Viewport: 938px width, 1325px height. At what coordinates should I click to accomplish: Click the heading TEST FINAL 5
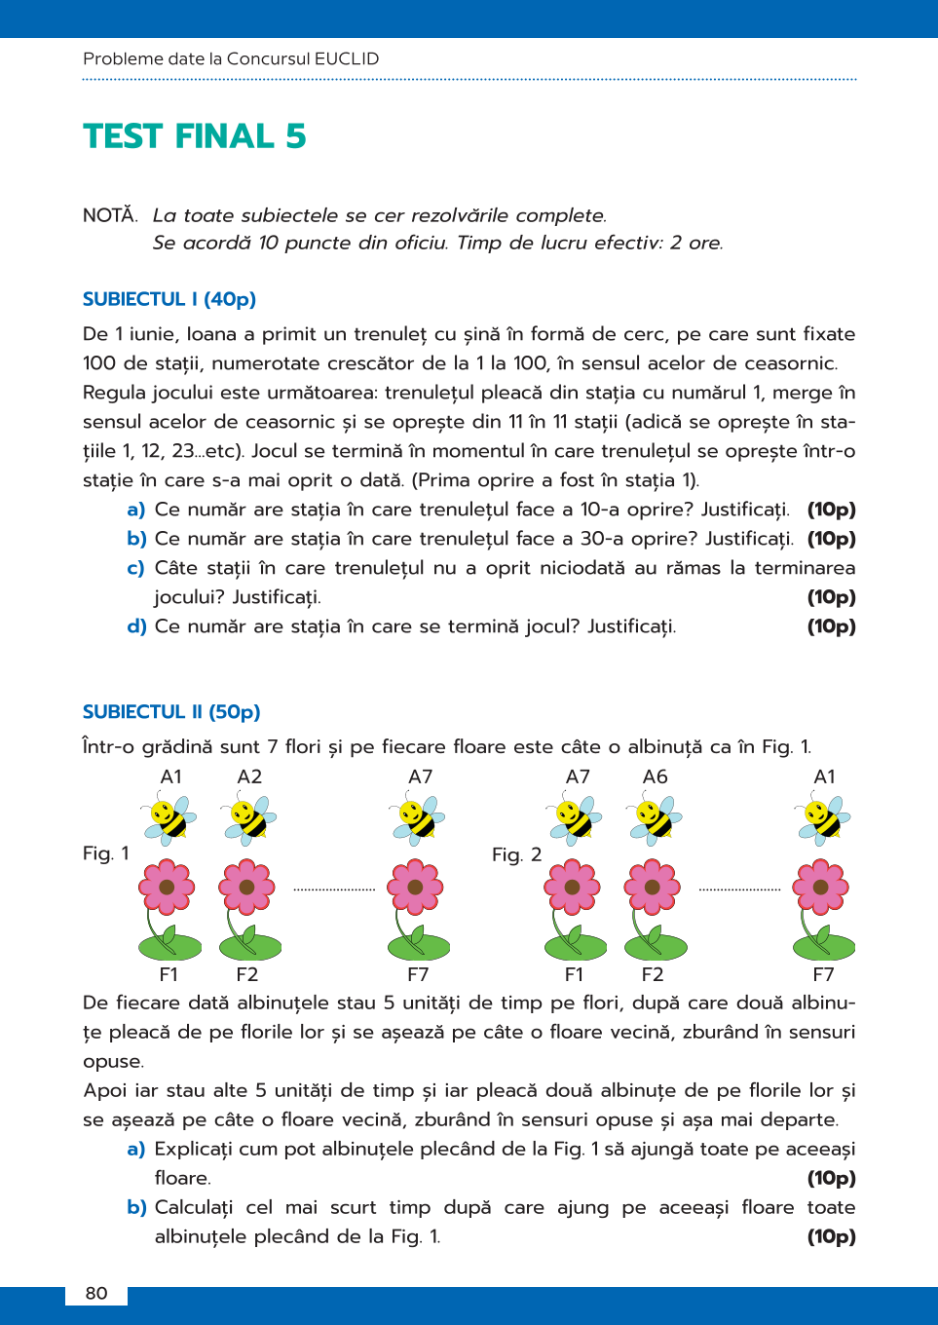194,136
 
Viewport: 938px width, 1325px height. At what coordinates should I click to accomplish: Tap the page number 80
96,1293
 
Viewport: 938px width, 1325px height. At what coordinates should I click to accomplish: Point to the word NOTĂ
109,215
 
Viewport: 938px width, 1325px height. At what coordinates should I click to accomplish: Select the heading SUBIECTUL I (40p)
169,299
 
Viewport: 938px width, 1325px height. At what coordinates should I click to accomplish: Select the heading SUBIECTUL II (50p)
171,712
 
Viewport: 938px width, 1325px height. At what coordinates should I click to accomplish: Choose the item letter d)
136,626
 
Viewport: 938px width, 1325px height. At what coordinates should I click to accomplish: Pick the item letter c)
135,568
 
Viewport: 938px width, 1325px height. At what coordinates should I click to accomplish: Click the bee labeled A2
249,818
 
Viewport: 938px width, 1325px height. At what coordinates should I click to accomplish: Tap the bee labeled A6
656,818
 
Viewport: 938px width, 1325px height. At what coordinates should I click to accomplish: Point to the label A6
656,776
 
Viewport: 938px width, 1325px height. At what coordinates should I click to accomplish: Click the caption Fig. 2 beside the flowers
516,854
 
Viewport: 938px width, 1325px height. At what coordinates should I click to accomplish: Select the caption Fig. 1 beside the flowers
105,853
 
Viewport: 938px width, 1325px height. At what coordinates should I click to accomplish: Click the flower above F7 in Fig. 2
821,888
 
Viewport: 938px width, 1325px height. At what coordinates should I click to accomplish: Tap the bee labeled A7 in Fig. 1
418,818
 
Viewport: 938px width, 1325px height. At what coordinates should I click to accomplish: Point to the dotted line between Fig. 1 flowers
334,890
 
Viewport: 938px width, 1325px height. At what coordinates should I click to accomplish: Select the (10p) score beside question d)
831,626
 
